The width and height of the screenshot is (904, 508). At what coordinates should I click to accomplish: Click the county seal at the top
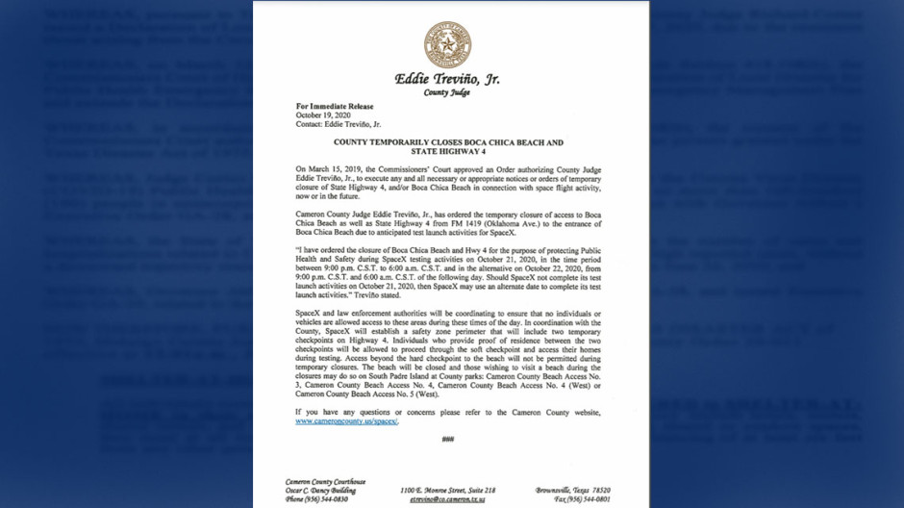447,44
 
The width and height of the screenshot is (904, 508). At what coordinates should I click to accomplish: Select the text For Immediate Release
334,107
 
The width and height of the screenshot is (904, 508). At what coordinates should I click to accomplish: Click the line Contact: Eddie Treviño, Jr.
338,124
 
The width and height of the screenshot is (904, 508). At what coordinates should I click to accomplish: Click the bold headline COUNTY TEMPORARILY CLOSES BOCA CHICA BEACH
447,142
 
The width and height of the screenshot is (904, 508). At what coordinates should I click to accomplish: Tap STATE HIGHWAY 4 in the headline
447,151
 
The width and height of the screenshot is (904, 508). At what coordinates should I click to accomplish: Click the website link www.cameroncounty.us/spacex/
347,420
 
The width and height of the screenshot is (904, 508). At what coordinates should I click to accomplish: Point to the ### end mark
447,440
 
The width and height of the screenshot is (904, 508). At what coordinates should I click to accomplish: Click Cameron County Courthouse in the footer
325,481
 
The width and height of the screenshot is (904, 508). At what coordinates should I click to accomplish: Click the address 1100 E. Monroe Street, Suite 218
447,490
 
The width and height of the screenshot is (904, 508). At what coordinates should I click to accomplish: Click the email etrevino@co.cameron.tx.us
447,499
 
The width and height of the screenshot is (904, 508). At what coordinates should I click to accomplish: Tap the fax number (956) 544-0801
581,499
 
